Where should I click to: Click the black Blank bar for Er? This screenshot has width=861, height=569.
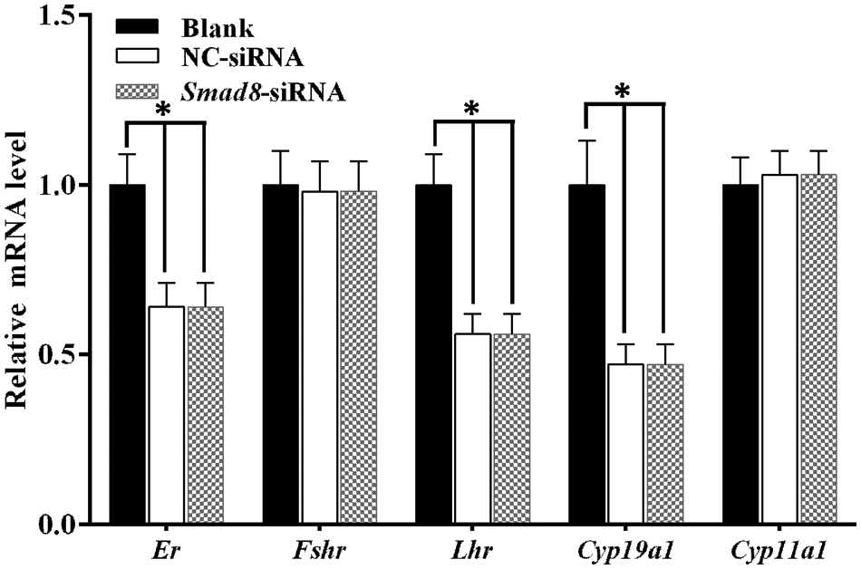point(127,353)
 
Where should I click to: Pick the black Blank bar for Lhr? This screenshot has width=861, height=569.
point(434,353)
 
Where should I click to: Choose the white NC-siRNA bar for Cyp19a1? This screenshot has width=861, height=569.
point(625,444)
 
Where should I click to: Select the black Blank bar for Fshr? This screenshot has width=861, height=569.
point(281,353)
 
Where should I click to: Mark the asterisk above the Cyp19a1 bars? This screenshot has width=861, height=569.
point(623,92)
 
